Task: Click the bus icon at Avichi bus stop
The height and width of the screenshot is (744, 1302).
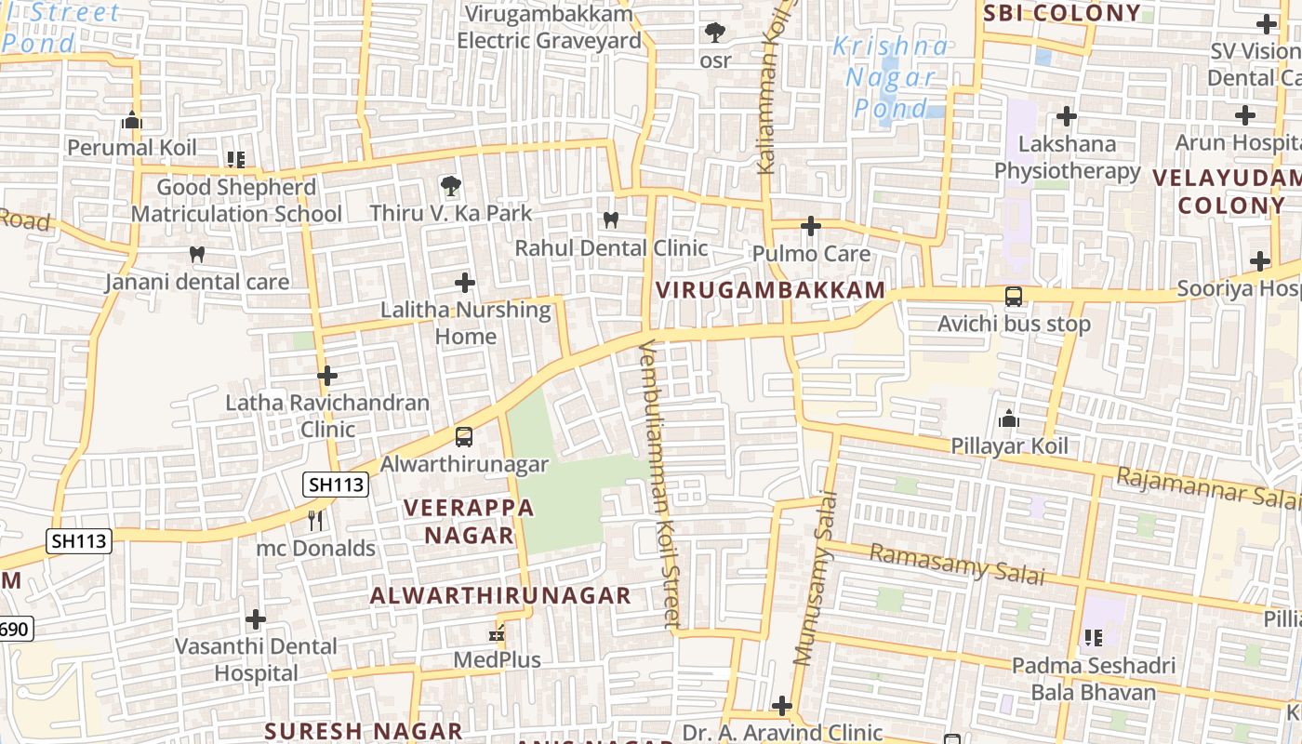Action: click(1013, 297)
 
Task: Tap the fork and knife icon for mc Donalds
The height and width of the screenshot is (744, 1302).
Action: click(315, 520)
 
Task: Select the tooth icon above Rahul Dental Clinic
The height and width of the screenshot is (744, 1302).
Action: click(611, 220)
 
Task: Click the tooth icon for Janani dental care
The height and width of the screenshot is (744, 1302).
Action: click(196, 254)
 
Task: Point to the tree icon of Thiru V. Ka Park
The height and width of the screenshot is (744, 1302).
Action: click(451, 185)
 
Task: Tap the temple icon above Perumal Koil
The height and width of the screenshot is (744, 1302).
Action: click(132, 120)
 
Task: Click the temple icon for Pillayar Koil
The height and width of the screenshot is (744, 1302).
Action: click(1009, 418)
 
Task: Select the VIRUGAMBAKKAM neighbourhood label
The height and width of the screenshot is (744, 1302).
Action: click(770, 290)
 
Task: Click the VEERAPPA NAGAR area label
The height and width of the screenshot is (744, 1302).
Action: click(470, 521)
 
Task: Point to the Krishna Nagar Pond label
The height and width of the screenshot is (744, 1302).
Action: click(891, 77)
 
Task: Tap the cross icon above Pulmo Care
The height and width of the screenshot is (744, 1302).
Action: click(810, 226)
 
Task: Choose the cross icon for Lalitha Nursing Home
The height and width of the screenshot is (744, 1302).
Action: click(465, 283)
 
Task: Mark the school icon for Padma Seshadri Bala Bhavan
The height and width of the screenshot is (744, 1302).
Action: click(1093, 638)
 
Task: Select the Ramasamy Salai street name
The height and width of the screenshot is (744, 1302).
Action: click(957, 565)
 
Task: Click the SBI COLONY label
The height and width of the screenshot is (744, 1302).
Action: click(1061, 13)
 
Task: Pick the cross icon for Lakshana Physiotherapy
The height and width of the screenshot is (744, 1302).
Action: click(1067, 116)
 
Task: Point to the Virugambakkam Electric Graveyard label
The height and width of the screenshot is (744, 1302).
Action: click(549, 28)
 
